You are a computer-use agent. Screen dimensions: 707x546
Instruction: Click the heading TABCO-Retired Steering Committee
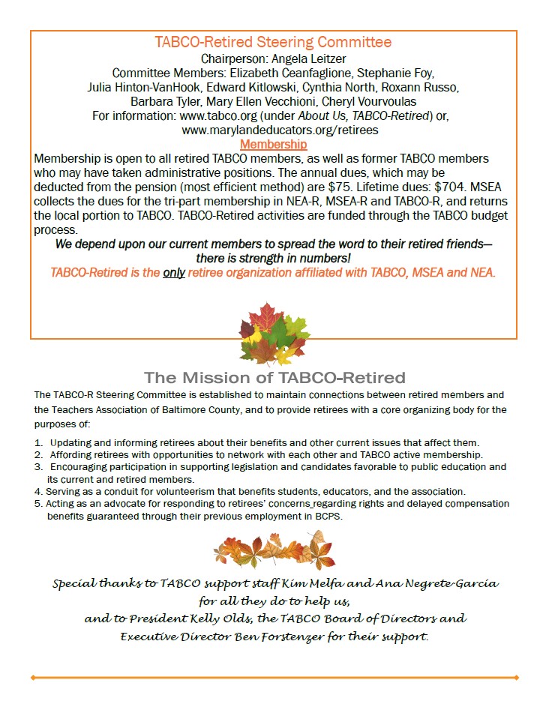click(x=273, y=42)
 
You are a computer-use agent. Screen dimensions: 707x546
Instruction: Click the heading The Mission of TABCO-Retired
click(x=274, y=377)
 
